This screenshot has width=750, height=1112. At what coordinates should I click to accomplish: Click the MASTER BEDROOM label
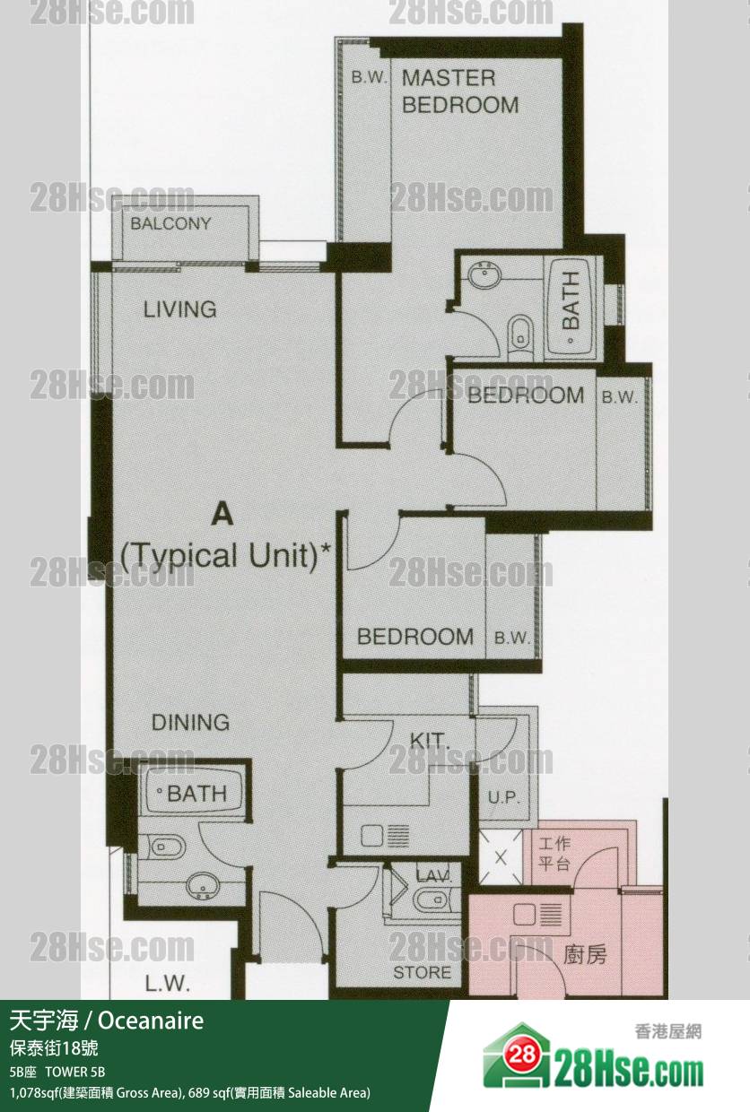coord(460,91)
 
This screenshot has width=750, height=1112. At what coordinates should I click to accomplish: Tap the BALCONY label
coord(170,223)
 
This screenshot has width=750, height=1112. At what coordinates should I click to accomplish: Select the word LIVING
coord(179,309)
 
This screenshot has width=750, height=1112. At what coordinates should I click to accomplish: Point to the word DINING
coord(190,722)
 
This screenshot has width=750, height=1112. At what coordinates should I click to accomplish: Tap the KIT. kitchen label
coord(430,741)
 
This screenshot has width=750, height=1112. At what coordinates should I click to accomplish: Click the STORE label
coord(423,972)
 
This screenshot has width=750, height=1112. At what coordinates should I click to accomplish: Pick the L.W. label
coord(167,984)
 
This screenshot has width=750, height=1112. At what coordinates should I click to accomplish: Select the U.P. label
coord(503,798)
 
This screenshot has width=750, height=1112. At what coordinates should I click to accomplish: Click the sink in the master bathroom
coord(484,276)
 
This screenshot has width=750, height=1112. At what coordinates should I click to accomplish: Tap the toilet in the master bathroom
coord(520,336)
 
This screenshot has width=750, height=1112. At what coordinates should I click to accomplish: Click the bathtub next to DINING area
coord(192,793)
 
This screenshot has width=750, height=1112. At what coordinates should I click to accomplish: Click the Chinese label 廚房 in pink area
coord(585,954)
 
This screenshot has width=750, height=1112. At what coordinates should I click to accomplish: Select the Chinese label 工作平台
coord(554,854)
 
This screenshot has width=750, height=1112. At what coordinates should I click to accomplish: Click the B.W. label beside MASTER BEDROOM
coord(369,77)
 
